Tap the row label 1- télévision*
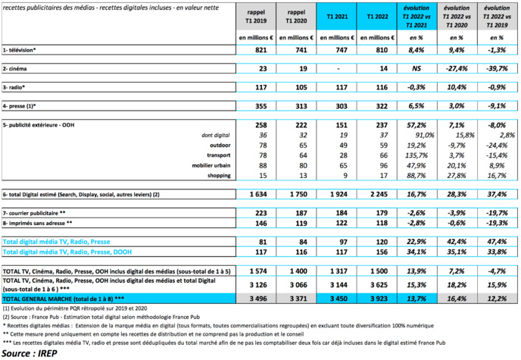[x=21, y=50]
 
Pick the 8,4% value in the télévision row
[x=418, y=50]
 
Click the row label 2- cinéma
[x=17, y=69]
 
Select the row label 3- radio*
[x=16, y=87]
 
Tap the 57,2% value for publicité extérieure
[x=418, y=124]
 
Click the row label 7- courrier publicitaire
[x=38, y=213]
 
